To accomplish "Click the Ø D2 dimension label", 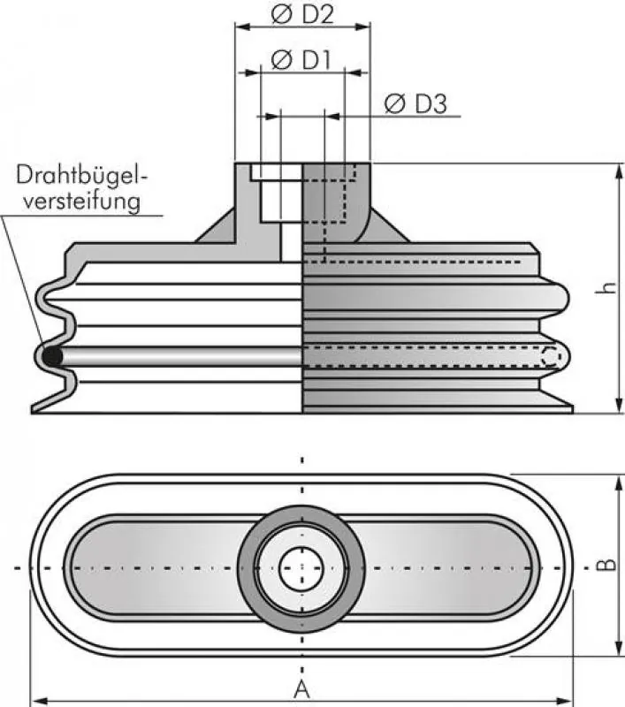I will coord(301,13).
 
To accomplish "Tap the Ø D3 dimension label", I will coord(415,103).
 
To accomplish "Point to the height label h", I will coord(606,287).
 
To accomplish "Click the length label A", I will coord(301,688).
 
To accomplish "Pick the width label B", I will coord(605,566).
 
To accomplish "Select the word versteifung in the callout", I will coord(82,201).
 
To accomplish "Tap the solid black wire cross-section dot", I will coord(53,356).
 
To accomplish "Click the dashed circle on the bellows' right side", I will coord(551,356).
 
